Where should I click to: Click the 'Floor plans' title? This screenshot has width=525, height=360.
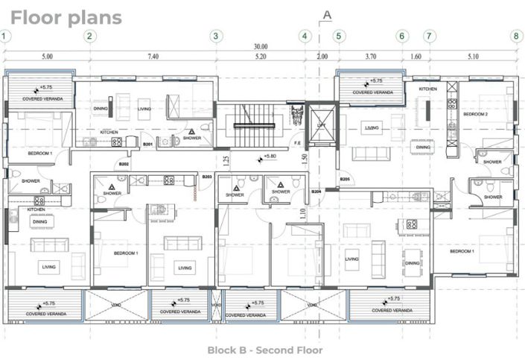pos(66,17)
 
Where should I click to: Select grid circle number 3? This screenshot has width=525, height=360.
pos(215,36)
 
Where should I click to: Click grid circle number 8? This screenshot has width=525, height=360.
pos(515,36)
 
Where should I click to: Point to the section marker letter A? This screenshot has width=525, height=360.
pos(326,14)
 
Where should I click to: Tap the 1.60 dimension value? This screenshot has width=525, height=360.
pos(416,57)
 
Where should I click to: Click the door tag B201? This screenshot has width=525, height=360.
pos(147,144)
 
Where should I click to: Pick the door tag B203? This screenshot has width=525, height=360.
pos(207,177)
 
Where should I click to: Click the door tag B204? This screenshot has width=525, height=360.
pos(316,192)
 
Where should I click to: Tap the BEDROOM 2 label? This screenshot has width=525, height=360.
pos(476,114)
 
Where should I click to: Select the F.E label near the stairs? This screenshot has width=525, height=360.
pos(297,143)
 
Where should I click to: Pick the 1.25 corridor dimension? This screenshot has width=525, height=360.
pos(226,158)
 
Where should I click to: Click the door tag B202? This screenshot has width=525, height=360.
pos(124,164)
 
